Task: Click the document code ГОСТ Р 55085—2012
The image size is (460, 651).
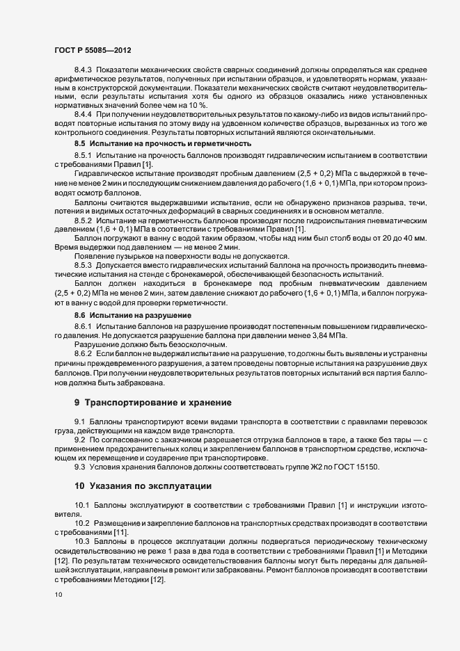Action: pos(93,50)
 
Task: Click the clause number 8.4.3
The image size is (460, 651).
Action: pos(84,70)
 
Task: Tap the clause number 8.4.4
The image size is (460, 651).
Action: pos(84,113)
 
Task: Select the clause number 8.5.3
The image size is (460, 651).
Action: pos(84,265)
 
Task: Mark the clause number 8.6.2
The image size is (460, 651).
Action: pos(84,353)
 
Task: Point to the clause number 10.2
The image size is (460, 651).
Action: pos(81,522)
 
